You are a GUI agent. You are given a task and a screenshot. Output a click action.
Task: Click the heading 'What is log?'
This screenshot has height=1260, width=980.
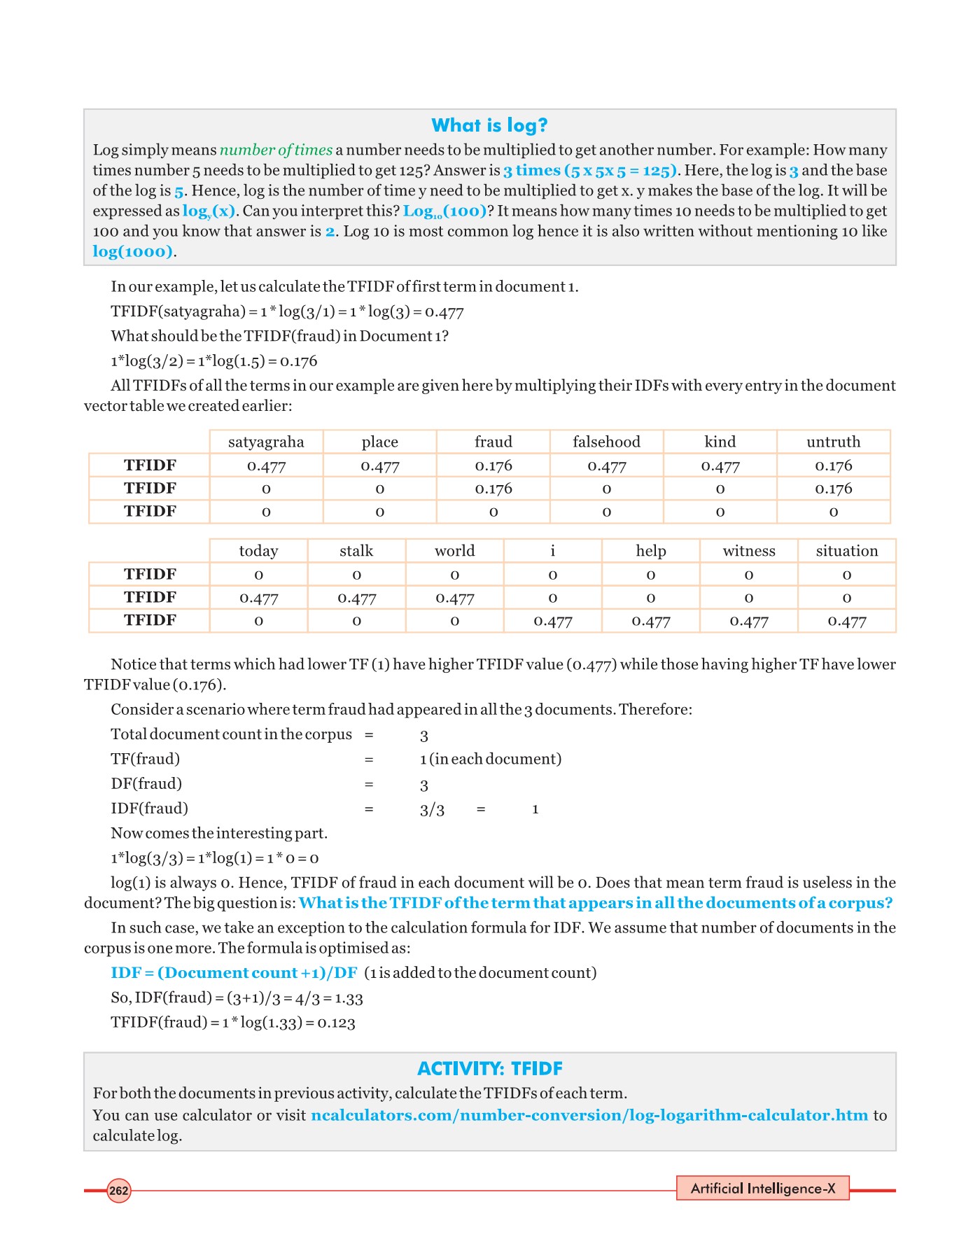tap(489, 125)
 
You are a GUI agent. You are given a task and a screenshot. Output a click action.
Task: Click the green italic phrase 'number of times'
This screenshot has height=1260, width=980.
tap(276, 150)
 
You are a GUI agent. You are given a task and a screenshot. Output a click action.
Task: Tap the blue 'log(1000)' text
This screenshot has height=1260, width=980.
tap(132, 251)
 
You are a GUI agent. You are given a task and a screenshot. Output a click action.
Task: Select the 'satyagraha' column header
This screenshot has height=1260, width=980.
tap(266, 442)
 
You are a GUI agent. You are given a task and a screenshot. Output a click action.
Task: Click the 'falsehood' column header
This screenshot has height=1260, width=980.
tap(606, 442)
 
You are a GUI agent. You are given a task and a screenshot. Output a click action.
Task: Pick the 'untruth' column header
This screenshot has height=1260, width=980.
tap(833, 442)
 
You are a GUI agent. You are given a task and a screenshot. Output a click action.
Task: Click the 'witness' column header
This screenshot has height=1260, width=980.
tap(749, 551)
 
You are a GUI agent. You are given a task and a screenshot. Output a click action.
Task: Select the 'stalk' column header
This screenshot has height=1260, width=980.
tap(356, 551)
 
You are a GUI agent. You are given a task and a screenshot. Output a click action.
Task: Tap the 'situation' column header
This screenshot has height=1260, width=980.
tap(847, 551)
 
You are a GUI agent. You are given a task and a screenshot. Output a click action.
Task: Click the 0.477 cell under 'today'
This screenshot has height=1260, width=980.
tap(259, 598)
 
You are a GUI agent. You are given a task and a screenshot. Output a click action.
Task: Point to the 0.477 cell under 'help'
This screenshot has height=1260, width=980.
tap(651, 621)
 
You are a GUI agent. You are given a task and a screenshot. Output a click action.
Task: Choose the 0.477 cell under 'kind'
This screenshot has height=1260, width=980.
tap(720, 465)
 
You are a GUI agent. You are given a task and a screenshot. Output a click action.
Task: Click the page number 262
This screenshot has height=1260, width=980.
tap(119, 1191)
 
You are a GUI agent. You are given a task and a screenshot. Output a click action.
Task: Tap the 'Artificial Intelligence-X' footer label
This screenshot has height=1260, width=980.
tap(763, 1189)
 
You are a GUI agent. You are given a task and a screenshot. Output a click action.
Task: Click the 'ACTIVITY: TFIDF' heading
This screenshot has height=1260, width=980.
tap(489, 1069)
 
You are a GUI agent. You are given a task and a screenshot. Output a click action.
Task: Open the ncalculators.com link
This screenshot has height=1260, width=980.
tap(589, 1115)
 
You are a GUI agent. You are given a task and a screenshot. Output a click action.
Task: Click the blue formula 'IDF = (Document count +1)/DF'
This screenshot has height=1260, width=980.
tap(234, 973)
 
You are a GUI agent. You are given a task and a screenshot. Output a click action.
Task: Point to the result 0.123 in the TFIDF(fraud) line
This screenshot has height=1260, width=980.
tap(337, 1023)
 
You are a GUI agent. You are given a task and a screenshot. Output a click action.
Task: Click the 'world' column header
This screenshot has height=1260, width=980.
tap(455, 551)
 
